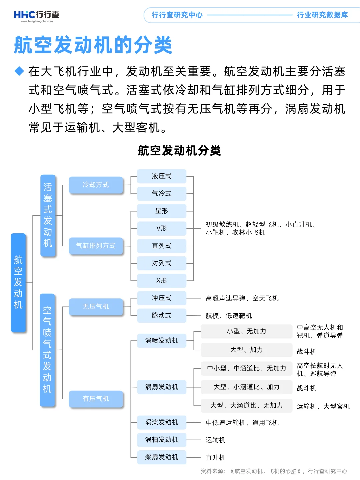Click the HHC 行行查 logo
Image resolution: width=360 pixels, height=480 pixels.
[x=36, y=16]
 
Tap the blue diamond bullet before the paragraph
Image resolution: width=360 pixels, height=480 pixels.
[x=19, y=71]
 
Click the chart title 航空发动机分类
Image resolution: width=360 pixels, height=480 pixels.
[x=179, y=150]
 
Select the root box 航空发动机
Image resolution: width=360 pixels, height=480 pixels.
[x=18, y=282]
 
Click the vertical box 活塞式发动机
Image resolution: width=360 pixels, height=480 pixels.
[x=48, y=215]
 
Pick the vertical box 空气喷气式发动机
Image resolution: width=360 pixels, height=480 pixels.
[x=47, y=350]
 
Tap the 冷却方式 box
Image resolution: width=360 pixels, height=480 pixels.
[x=96, y=185]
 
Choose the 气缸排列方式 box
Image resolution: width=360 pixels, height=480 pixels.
[x=96, y=246]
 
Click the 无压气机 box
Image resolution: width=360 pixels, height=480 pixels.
[x=96, y=307]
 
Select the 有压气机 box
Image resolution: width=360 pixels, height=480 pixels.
[x=96, y=399]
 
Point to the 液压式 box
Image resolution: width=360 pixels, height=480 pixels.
[x=162, y=176]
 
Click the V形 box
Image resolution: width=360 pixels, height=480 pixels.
[x=162, y=228]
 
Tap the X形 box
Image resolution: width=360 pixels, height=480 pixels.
[x=162, y=280]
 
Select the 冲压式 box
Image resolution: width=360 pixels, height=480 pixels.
[x=162, y=298]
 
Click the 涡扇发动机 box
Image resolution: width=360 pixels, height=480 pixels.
[x=162, y=387]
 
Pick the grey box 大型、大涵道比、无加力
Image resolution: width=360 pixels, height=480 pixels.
[x=246, y=406]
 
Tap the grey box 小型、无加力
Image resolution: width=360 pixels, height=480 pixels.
[x=246, y=331]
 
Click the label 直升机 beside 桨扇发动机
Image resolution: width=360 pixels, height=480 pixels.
[x=215, y=457]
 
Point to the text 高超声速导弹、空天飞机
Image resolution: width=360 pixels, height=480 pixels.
[x=242, y=298]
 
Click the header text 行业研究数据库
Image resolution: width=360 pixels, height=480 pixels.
[x=322, y=15]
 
